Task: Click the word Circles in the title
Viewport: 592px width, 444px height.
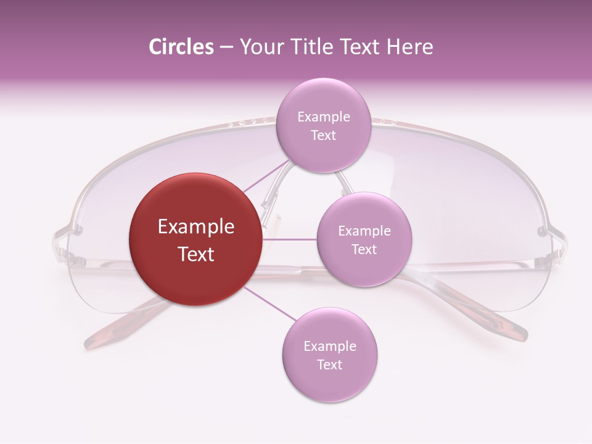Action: point(181,47)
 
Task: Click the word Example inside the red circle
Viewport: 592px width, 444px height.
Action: point(196,227)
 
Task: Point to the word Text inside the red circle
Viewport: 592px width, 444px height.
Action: point(196,254)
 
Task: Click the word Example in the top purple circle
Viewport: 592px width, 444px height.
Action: point(323,117)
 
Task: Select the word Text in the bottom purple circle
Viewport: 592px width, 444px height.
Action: point(329,364)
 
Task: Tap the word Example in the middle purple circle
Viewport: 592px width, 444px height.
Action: point(364,231)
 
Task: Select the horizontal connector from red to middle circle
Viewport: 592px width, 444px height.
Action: point(289,239)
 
